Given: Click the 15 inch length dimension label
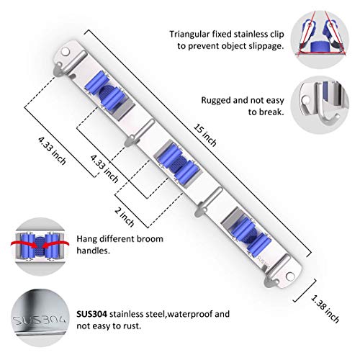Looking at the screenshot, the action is coord(205,135).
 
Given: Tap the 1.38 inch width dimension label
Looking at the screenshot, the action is coord(325,309).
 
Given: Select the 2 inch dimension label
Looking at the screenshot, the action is coord(125,217).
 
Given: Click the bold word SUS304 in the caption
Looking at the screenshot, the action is coord(92,314).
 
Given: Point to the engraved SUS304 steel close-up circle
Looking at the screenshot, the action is coord(40,318).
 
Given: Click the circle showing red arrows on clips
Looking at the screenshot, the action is coord(40,246).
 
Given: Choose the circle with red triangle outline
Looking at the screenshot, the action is coord(320,40).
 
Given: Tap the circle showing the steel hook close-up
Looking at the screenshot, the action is coord(320,105).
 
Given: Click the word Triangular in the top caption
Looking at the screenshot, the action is coord(189,35).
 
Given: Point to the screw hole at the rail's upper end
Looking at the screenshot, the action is coord(65,51).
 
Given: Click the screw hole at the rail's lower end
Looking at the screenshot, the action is coord(290,276).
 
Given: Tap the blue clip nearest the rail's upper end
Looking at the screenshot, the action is coord(105,92).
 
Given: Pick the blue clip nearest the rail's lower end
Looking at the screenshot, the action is coord(247,233).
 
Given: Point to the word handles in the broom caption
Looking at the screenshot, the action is coord(93,251).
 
